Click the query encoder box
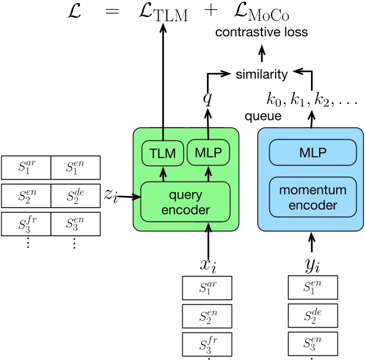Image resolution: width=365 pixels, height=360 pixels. pos(184,201)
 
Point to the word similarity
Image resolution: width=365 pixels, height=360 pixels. pos(262,75)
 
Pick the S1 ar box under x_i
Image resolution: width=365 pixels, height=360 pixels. pos(207,287)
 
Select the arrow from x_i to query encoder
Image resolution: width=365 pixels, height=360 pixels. pos(207,236)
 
